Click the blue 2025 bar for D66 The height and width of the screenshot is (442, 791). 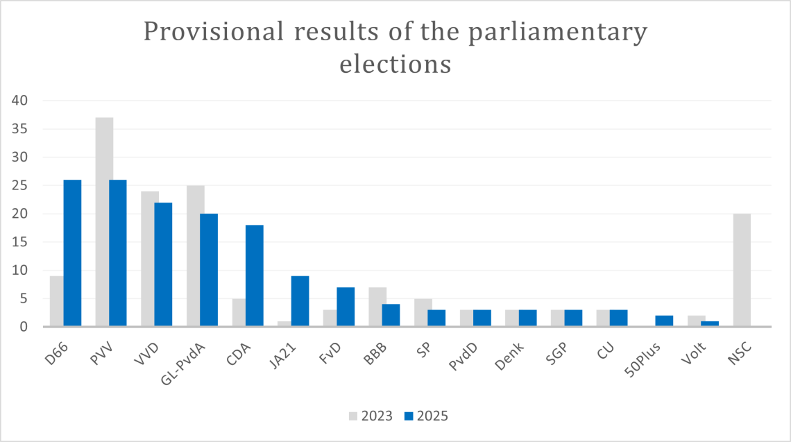72,253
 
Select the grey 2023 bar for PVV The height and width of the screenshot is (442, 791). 104,222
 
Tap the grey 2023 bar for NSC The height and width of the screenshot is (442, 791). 741,270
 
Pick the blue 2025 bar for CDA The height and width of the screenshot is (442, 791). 255,275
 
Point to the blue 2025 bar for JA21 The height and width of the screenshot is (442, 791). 300,301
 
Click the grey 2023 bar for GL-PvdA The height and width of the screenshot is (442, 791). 196,256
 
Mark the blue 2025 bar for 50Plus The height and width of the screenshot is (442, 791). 664,321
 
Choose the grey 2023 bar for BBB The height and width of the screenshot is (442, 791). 377,307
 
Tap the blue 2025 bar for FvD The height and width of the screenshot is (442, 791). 346,307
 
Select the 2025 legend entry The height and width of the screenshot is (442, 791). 426,416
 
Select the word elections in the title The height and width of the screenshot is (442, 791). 395,64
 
